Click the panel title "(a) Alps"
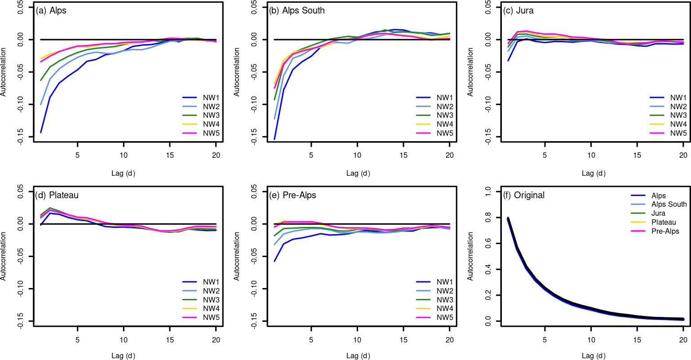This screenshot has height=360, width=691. pyautogui.click(x=51, y=11)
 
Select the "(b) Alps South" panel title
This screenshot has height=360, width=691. pyautogui.click(x=297, y=11)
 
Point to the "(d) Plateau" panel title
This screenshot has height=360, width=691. pyautogui.click(x=57, y=196)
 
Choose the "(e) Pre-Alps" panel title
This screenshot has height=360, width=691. pyautogui.click(x=292, y=196)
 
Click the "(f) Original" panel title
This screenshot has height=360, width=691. pyautogui.click(x=523, y=196)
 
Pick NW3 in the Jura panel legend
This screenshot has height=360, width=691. pyautogui.click(x=678, y=116)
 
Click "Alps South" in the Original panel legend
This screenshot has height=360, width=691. pyautogui.click(x=669, y=204)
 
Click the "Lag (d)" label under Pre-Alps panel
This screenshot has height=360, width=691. pyautogui.click(x=359, y=356)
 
